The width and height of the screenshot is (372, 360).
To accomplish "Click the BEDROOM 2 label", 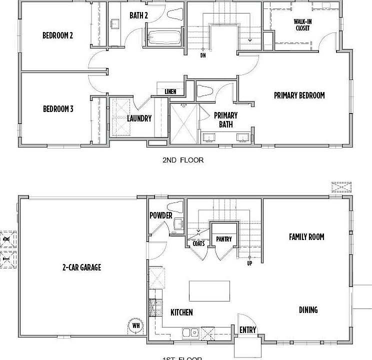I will [57, 35].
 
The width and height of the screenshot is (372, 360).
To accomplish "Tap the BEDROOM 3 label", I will [58, 108].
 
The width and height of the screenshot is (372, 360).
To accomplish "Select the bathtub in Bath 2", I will [164, 38].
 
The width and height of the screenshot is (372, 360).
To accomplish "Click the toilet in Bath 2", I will [174, 14].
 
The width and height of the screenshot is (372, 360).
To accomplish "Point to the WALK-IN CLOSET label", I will [302, 25].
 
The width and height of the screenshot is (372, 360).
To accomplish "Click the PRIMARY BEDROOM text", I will [299, 95].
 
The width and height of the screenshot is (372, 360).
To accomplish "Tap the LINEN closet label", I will [170, 91].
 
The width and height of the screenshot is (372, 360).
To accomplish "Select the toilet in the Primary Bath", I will [205, 90].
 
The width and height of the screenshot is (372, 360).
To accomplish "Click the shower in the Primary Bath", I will [184, 123].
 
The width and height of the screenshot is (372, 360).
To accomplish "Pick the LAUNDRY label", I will [139, 118].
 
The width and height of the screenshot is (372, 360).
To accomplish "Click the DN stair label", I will [203, 55].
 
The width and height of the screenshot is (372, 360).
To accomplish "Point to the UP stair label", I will [249, 263].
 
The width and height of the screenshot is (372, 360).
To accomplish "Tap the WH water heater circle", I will [135, 326].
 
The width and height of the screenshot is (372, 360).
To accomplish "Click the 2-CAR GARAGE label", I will [81, 267].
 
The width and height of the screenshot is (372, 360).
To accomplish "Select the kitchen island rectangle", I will [209, 290].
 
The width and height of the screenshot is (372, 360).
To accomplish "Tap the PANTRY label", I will [224, 239].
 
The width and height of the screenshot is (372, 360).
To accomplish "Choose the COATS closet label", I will [198, 243].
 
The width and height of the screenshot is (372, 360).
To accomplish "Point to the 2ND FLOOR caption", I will [183, 160].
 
